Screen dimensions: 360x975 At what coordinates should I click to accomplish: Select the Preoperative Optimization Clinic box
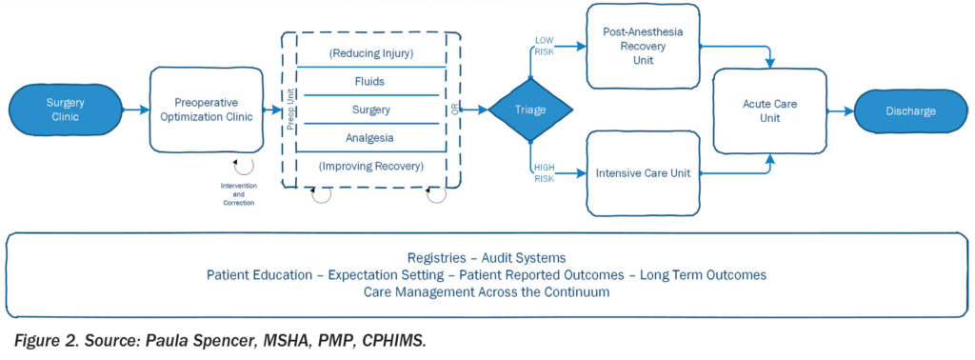coord(207,110)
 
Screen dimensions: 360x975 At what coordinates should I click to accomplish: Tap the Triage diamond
coord(530,110)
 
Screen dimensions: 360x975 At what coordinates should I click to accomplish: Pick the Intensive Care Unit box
coord(643,173)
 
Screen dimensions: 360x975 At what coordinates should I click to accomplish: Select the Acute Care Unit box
coord(769,110)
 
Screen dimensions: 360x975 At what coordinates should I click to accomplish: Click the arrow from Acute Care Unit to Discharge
coord(840,111)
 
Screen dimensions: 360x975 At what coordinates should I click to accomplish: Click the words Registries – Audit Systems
coord(487,257)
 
